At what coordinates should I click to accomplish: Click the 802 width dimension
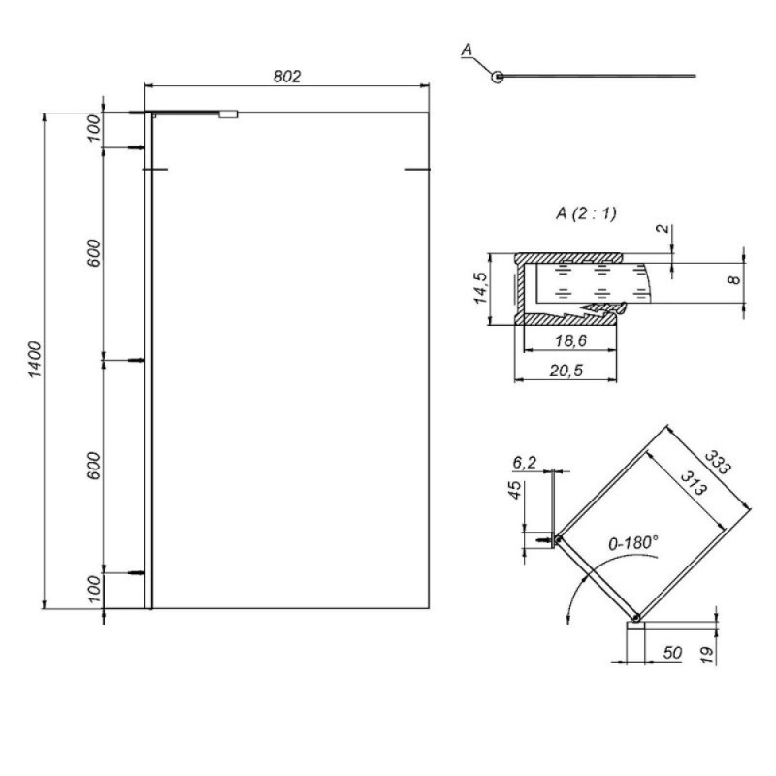point(287,77)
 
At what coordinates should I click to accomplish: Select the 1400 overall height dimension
point(35,359)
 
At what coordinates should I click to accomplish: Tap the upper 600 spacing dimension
point(93,253)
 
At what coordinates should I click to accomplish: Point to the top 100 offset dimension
point(94,128)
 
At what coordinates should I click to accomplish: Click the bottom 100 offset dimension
point(94,589)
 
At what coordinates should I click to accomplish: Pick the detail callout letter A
point(467,49)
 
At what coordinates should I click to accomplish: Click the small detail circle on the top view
point(498,77)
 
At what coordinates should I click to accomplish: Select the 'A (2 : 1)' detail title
point(587,213)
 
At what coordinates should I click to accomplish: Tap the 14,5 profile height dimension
point(480,287)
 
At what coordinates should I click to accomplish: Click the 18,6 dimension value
point(570,340)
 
